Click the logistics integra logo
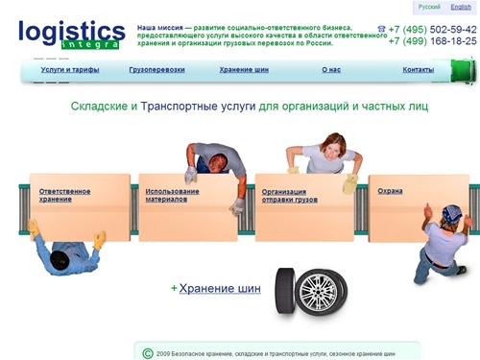pyautogui.click(x=71, y=34)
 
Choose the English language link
pyautogui.click(x=461, y=7)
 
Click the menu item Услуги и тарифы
pyautogui.click(x=70, y=70)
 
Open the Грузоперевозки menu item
pyautogui.click(x=156, y=70)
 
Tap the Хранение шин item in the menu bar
pyautogui.click(x=244, y=70)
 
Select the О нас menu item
pyautogui.click(x=331, y=70)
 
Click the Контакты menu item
pyautogui.click(x=418, y=70)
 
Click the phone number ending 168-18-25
pyautogui.click(x=433, y=41)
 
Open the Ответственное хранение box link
pyautogui.click(x=64, y=195)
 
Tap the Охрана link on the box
pyautogui.click(x=390, y=191)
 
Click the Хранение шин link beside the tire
pyautogui.click(x=220, y=287)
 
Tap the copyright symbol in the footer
pyautogui.click(x=147, y=353)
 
